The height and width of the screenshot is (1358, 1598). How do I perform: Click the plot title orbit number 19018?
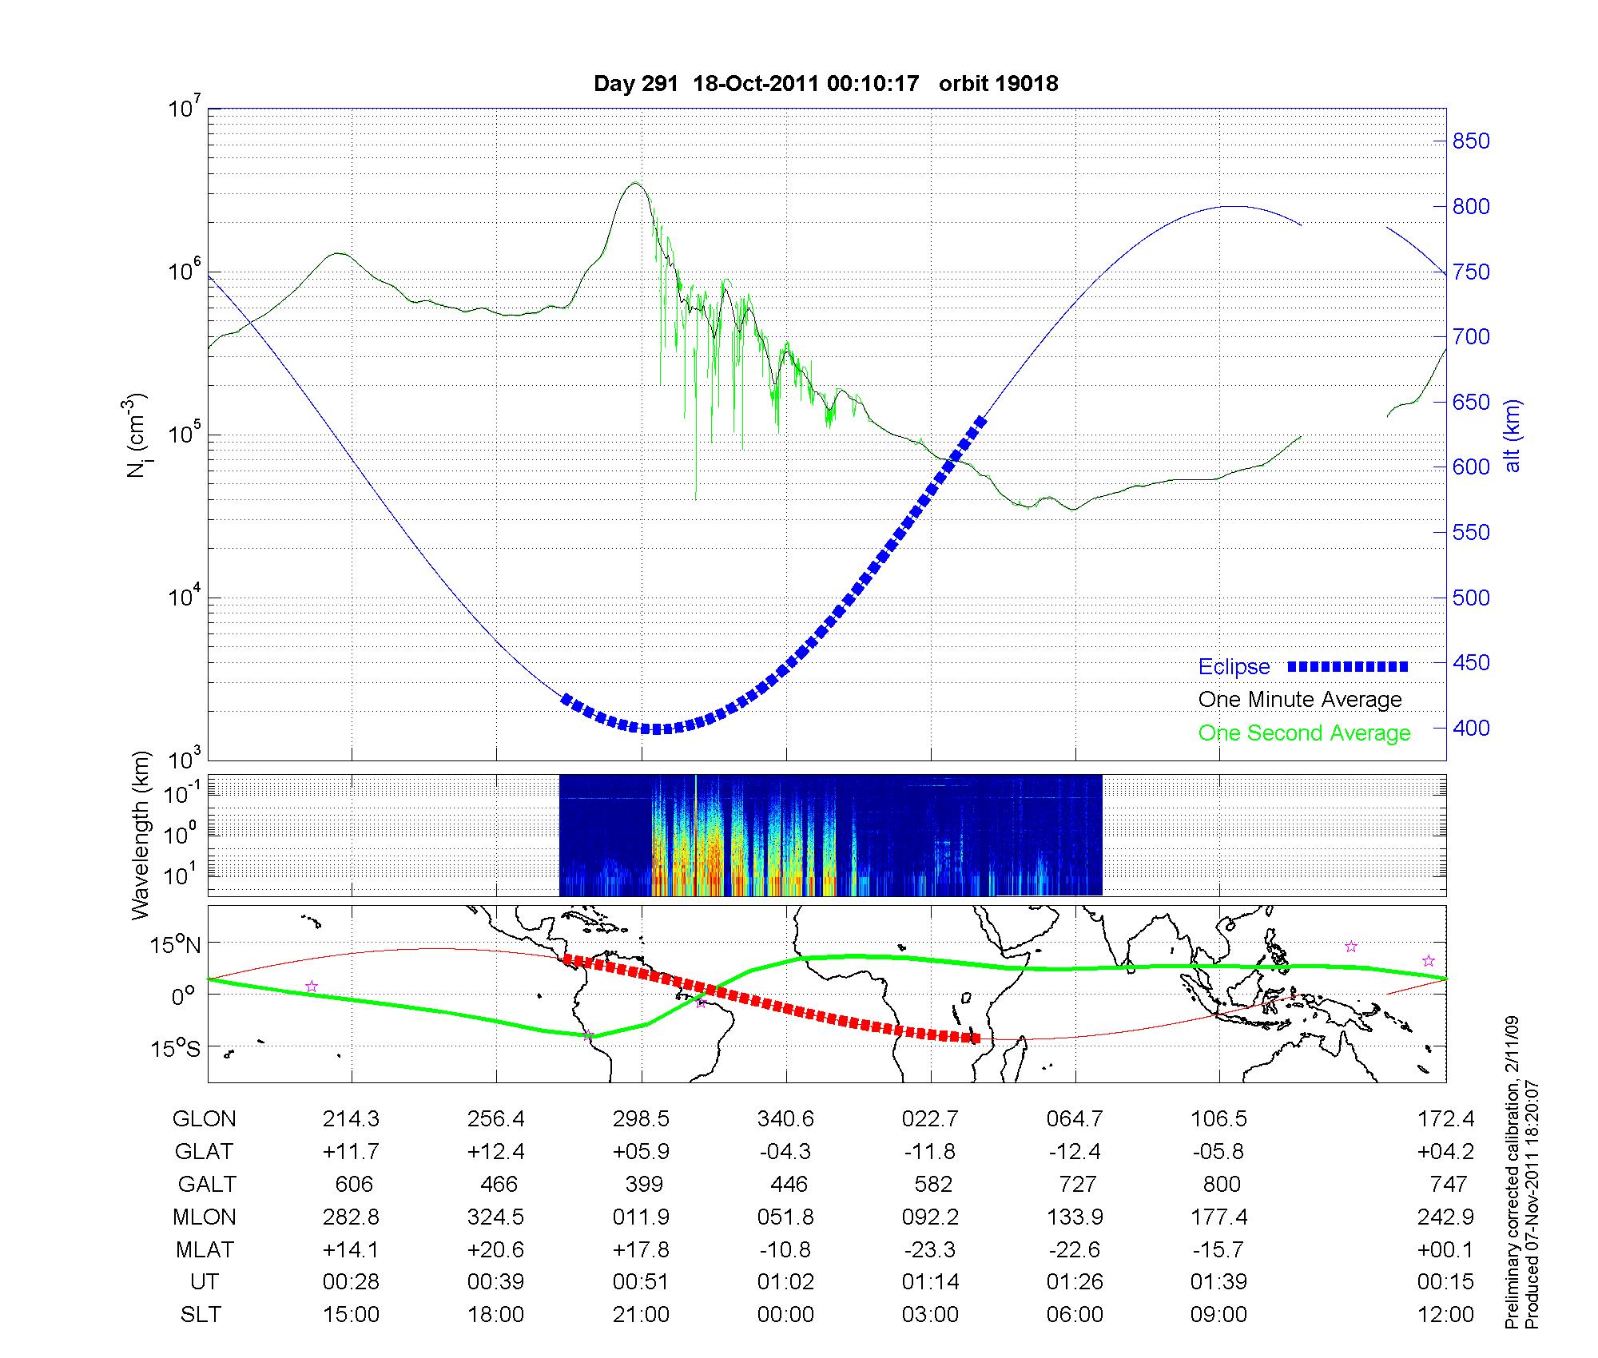(998, 84)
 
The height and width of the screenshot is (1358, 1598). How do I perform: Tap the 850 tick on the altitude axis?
(1471, 141)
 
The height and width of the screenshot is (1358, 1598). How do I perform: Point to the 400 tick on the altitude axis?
(1471, 728)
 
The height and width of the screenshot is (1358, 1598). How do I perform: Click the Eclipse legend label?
(1234, 667)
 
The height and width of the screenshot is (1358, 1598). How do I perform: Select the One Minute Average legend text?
(1300, 700)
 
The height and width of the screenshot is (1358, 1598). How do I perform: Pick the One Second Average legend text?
(1304, 733)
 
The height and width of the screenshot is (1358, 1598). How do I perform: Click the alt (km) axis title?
(1512, 435)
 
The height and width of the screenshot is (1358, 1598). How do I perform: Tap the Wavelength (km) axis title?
(141, 835)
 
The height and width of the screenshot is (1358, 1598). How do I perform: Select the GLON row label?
(204, 1119)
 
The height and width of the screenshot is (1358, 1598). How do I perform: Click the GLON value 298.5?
(641, 1119)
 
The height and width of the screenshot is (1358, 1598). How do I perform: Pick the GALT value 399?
(644, 1184)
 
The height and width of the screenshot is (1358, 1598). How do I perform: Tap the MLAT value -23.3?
(930, 1249)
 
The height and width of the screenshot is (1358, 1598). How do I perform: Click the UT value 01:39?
(1218, 1282)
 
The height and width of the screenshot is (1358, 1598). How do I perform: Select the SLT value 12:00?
(1445, 1315)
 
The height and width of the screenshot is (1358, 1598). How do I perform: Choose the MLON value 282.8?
(351, 1217)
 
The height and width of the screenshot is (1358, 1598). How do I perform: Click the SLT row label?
(201, 1315)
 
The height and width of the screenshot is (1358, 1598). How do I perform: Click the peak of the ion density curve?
(635, 183)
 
